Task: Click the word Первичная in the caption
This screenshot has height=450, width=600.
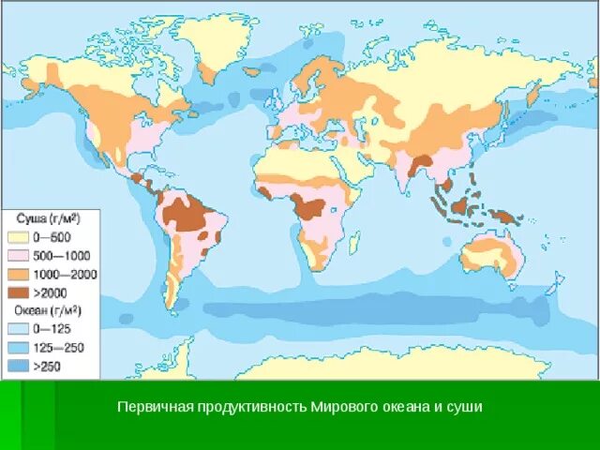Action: [x=146, y=408]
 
